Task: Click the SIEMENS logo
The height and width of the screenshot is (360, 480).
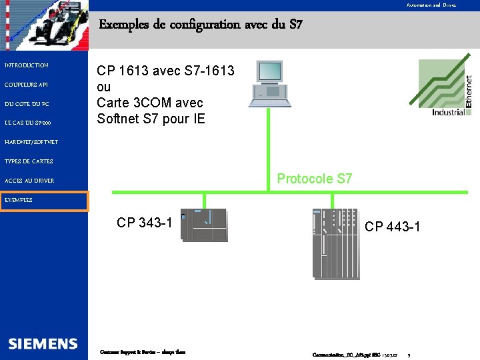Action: click(x=43, y=344)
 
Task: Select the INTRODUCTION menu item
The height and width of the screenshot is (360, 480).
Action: click(x=27, y=65)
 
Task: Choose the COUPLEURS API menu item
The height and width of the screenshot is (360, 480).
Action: click(x=26, y=85)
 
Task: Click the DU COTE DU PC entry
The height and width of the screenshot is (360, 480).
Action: click(x=27, y=104)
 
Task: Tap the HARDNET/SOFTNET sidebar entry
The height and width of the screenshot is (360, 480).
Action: click(x=31, y=142)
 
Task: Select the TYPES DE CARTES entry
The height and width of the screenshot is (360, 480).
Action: click(x=29, y=161)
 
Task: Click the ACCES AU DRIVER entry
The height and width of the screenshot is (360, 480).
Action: click(x=29, y=181)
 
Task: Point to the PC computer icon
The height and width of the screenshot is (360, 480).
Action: click(x=269, y=84)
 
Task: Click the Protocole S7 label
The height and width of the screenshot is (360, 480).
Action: click(x=314, y=179)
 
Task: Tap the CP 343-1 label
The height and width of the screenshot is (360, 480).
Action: click(x=144, y=223)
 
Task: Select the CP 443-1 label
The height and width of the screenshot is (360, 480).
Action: click(x=392, y=227)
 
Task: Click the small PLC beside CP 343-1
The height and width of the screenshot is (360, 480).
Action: click(x=205, y=225)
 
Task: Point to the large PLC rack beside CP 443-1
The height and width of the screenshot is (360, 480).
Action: click(x=335, y=243)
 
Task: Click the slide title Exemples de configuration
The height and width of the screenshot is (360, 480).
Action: click(x=201, y=25)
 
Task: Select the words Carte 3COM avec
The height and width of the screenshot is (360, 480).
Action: click(x=150, y=103)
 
